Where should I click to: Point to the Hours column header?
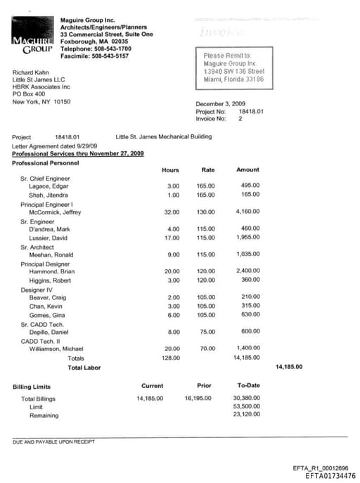pyautogui.click(x=170, y=170)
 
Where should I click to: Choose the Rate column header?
pyautogui.click(x=207, y=170)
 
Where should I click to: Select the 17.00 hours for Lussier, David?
pyautogui.click(x=172, y=238)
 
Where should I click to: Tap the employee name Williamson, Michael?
pyautogui.click(x=56, y=349)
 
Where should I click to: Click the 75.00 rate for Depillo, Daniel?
pyautogui.click(x=207, y=332)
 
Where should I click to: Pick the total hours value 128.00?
pyautogui.click(x=170, y=358)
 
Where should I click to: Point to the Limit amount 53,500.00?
pyautogui.click(x=246, y=407)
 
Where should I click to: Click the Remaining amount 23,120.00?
pyautogui.click(x=246, y=416)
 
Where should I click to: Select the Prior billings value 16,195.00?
pyautogui.click(x=198, y=399)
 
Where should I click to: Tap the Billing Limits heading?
pyautogui.click(x=32, y=387)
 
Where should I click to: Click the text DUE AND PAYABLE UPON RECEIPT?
pyautogui.click(x=53, y=442)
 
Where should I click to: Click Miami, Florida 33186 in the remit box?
pyautogui.click(x=233, y=79)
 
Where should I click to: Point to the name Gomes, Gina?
pyautogui.click(x=46, y=315)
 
